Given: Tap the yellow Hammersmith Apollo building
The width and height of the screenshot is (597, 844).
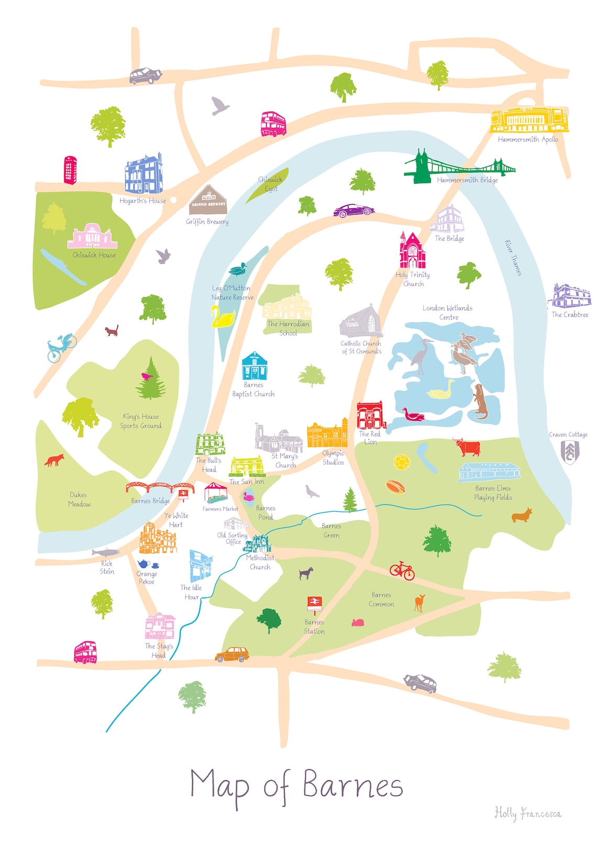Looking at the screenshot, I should [x=529, y=120].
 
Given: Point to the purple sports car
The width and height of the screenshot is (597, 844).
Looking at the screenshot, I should [x=355, y=210].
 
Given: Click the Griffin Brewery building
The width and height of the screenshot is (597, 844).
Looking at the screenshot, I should [x=208, y=201].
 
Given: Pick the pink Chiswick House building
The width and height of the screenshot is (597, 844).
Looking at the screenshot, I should [x=92, y=237].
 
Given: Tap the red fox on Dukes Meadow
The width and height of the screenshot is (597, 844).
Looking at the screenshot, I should [x=54, y=460].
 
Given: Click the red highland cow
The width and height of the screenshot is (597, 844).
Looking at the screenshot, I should [x=467, y=448].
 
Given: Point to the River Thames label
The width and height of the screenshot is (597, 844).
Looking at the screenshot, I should [x=513, y=258].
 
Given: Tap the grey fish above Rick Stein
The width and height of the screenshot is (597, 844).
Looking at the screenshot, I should [x=106, y=552].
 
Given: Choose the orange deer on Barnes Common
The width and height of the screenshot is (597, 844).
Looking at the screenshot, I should [x=419, y=603].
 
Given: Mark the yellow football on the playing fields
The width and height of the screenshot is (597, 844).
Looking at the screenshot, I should [x=401, y=462].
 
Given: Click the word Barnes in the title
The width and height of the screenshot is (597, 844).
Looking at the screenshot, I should [x=352, y=786].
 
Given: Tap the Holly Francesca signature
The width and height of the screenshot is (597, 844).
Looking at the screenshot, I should [x=527, y=814].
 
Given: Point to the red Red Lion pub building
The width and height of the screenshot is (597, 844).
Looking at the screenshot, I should [x=371, y=416].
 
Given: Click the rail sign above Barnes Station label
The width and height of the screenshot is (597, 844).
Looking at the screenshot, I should [x=314, y=603].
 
